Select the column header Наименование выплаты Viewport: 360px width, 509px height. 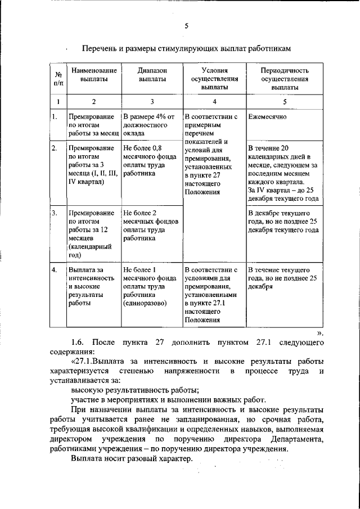tap(93, 75)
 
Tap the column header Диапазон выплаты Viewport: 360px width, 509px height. tap(152, 75)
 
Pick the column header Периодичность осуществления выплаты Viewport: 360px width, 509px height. tap(285, 79)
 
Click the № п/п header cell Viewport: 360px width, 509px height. tap(57, 79)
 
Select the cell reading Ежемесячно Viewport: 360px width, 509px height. tap(267, 117)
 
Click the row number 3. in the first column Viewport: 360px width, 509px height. tap(55, 214)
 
